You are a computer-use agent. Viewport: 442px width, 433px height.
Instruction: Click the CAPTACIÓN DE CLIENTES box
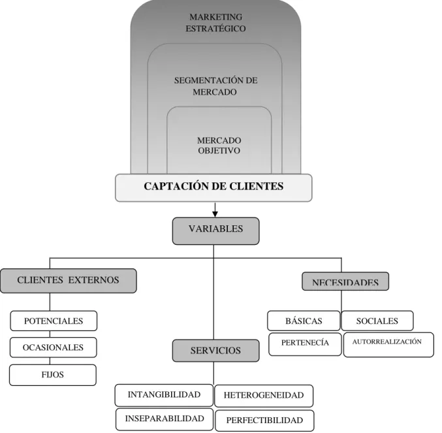pos(213,187)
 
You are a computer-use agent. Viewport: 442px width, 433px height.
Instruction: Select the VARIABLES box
pos(215,231)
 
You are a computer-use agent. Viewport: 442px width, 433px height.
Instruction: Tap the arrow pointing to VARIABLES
pos(215,210)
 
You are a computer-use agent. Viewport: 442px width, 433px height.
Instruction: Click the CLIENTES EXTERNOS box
pos(69,281)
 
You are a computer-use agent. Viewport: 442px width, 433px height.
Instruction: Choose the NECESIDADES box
pos(345,281)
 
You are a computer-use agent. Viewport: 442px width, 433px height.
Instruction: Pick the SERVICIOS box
pos(215,351)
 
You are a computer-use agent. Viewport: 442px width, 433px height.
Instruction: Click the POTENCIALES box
pos(54,321)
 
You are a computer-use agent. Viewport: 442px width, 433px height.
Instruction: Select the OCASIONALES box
pos(54,347)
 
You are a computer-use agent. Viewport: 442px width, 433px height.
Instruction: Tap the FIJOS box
pos(53,375)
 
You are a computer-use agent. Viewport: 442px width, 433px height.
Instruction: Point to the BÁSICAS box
pos(304,321)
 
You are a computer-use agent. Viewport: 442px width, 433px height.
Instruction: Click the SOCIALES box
pos(377,321)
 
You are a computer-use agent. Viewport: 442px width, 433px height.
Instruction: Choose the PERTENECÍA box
pos(305,344)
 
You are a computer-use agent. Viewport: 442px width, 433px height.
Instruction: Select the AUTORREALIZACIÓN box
pos(388,345)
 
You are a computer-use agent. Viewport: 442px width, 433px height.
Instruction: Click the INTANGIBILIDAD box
pos(164,395)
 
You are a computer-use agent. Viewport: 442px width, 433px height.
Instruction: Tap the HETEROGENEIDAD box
pos(264,396)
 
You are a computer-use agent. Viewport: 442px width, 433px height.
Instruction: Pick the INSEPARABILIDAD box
pos(165,419)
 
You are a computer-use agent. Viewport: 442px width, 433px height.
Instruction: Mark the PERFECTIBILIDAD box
pos(264,421)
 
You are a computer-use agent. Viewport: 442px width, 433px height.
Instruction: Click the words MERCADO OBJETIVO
pos(219,146)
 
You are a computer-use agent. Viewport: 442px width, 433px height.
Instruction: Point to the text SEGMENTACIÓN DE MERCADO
pos(215,86)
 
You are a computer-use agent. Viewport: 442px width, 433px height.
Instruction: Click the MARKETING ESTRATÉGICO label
pos(215,23)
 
